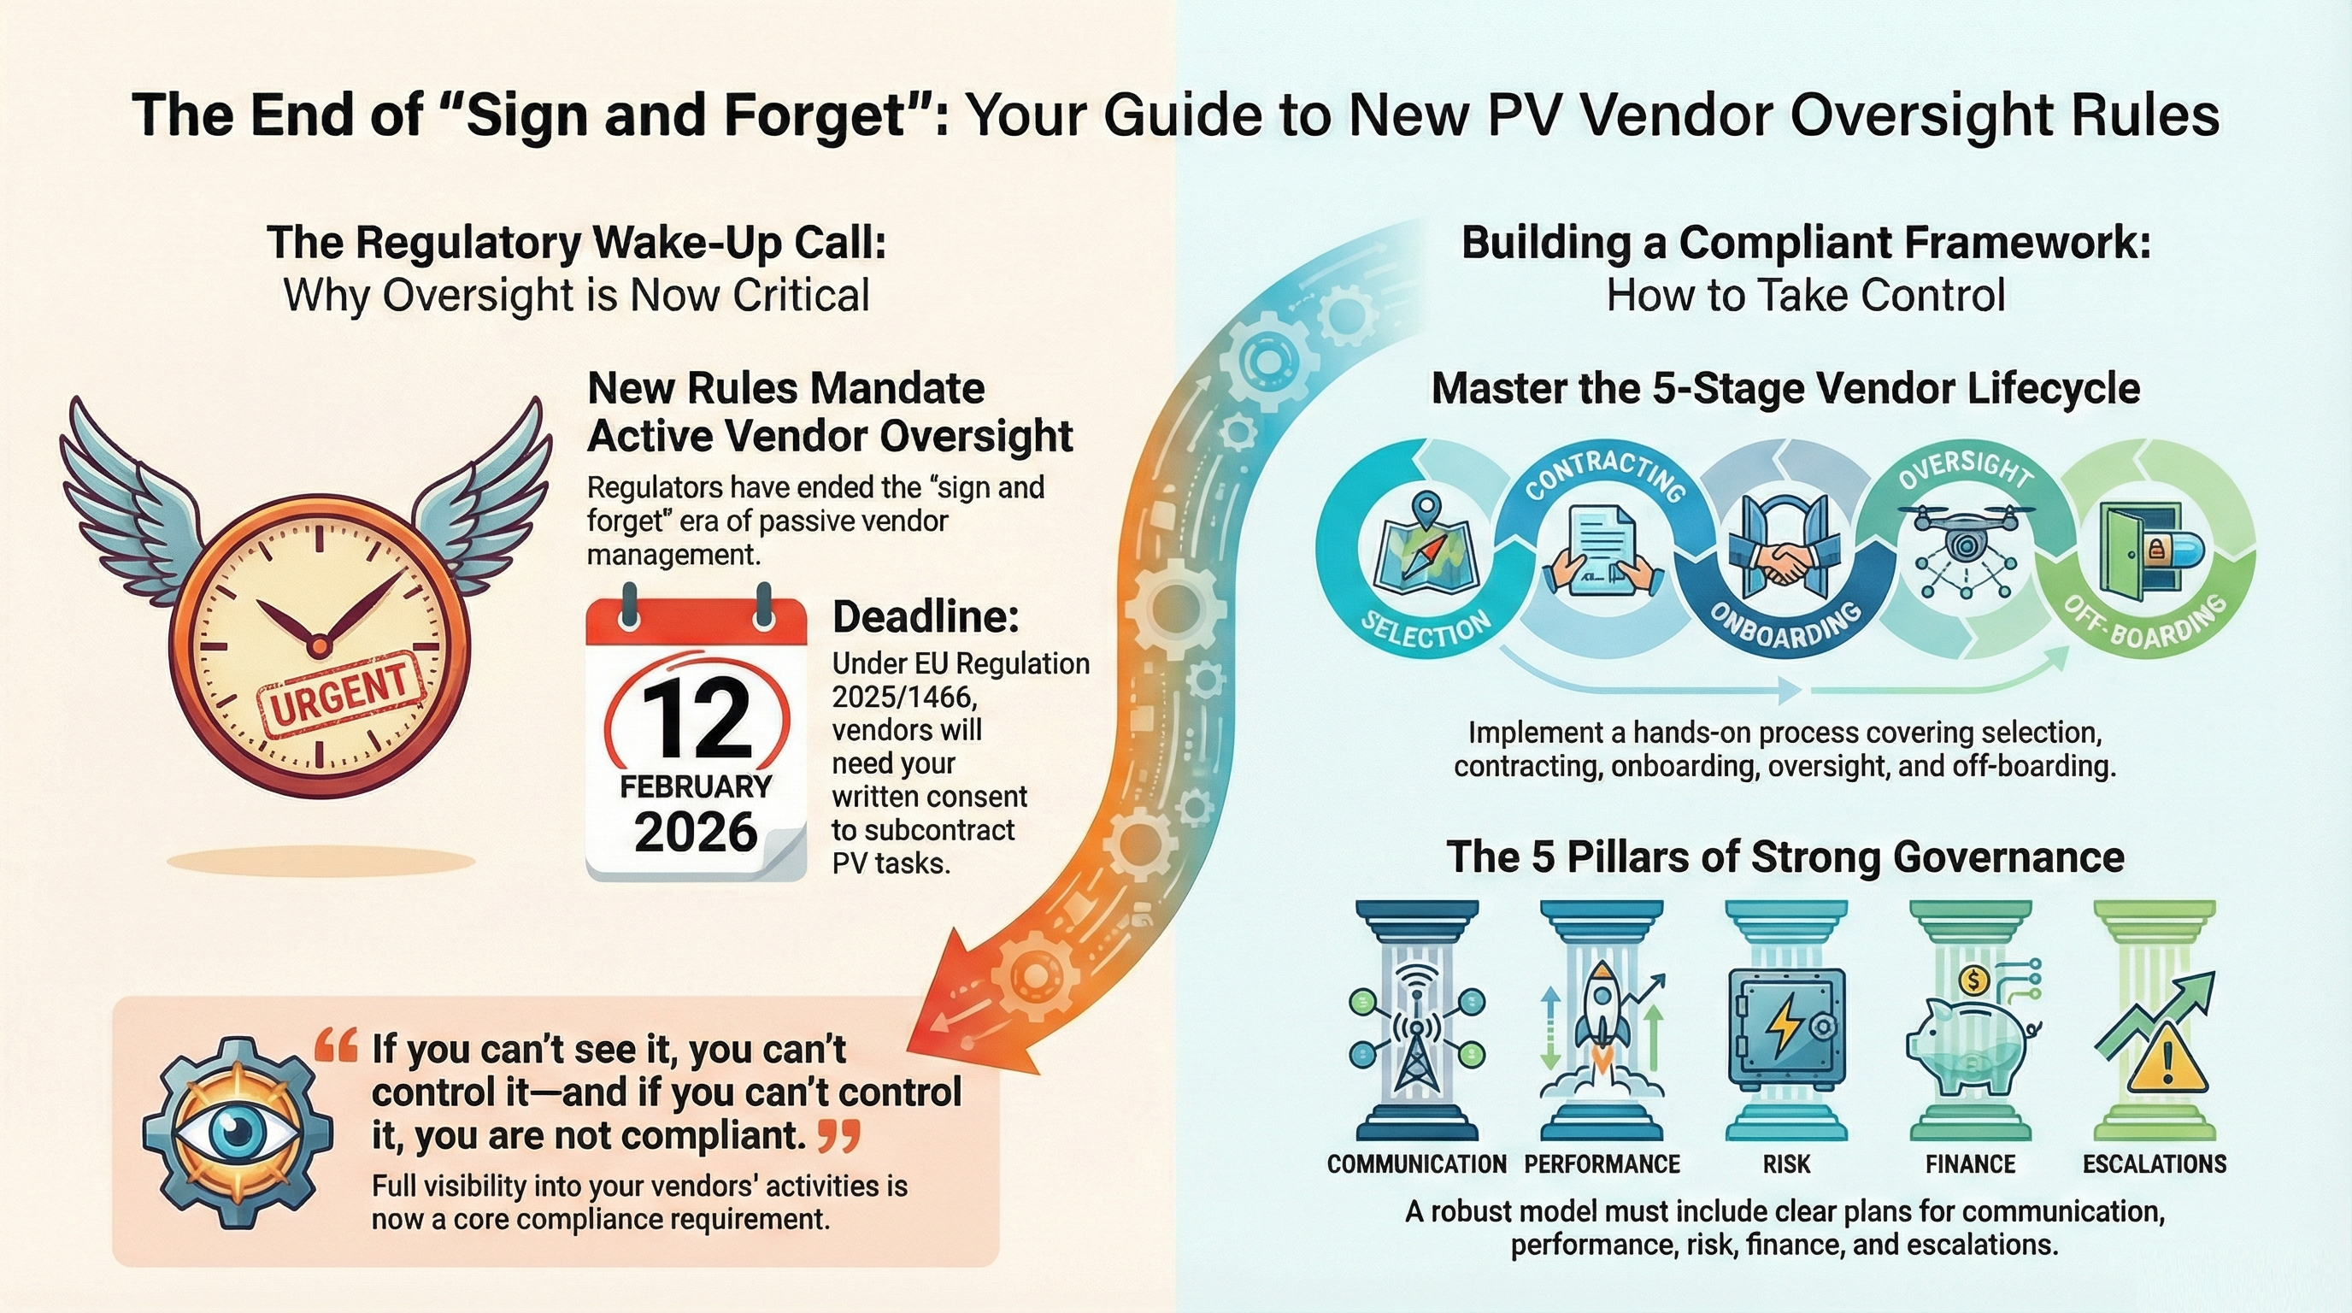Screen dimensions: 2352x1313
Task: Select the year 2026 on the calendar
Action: click(696, 831)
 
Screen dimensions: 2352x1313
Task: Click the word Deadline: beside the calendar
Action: click(926, 618)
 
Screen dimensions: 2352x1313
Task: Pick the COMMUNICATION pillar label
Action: click(1416, 1164)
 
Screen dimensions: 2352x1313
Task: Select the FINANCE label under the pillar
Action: click(1970, 1164)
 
